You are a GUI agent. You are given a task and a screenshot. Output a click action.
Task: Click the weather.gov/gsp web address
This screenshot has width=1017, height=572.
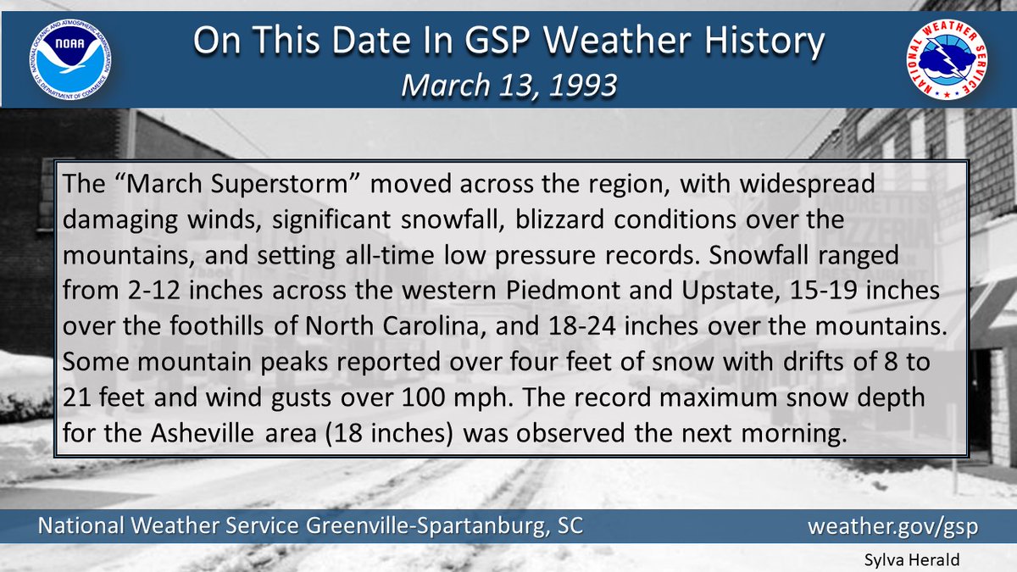(892, 526)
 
